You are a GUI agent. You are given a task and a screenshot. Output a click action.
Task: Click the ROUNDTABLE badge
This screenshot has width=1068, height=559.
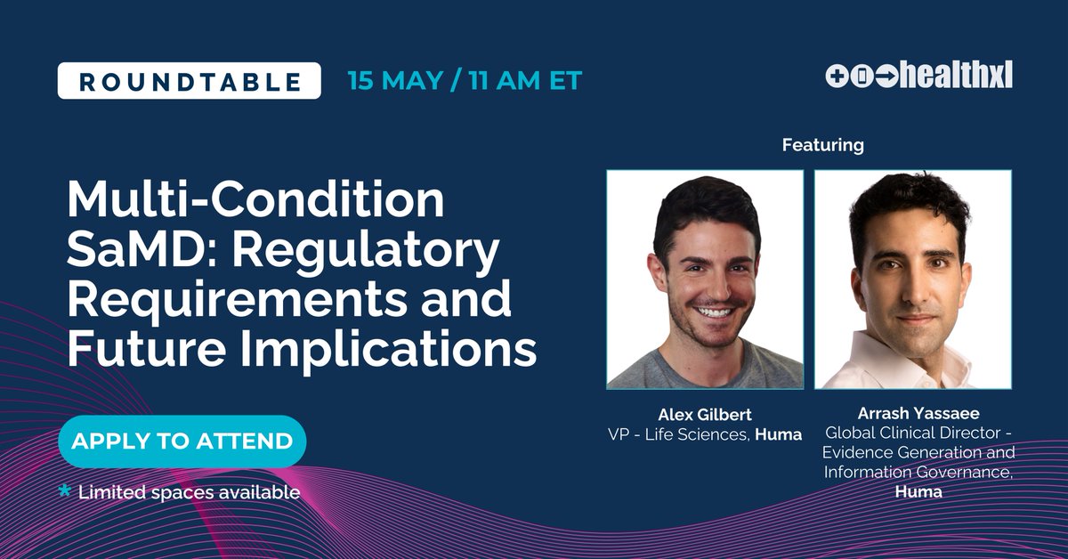[189, 81]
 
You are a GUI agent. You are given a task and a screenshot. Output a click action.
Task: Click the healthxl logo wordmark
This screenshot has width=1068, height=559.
[955, 77]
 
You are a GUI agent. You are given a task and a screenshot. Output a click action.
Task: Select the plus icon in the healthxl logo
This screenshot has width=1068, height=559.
[837, 77]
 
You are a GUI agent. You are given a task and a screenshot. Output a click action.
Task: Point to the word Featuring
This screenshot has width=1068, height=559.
[822, 144]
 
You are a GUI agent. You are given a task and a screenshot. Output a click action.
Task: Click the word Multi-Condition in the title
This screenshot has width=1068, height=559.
[255, 201]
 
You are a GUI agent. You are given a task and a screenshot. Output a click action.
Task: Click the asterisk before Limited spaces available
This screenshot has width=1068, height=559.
[64, 490]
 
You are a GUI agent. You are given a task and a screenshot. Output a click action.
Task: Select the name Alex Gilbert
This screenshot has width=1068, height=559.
[704, 414]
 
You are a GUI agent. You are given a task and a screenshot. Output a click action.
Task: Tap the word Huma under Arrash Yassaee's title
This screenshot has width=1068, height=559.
[919, 491]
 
